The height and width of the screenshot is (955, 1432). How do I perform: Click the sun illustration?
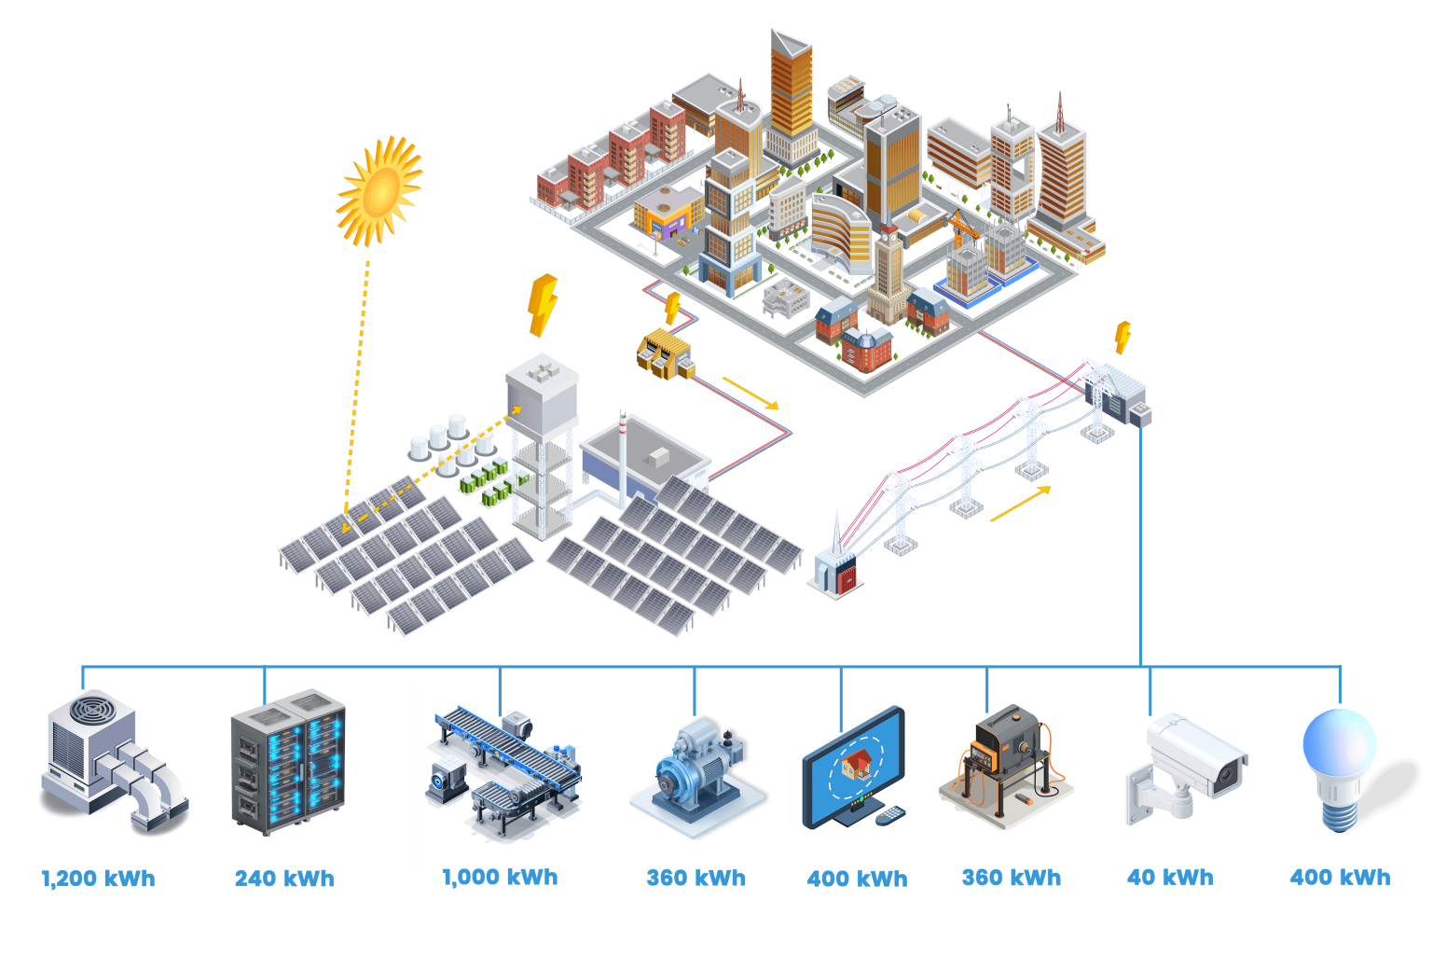point(380,191)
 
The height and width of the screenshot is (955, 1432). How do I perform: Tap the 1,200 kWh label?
point(98,879)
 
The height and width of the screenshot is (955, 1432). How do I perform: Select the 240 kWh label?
point(284,879)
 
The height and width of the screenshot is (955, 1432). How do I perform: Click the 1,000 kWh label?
point(500,878)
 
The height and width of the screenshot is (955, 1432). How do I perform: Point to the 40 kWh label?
point(1170,878)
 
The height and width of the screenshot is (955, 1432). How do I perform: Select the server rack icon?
point(288,762)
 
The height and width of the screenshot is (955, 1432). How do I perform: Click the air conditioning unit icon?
point(112,760)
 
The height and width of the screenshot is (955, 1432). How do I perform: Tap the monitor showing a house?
point(852,765)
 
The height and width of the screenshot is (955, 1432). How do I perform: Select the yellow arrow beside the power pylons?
point(1020,504)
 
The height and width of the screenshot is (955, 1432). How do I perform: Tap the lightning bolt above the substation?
point(1123,336)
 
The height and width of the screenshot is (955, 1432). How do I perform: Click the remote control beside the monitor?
point(890,816)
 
